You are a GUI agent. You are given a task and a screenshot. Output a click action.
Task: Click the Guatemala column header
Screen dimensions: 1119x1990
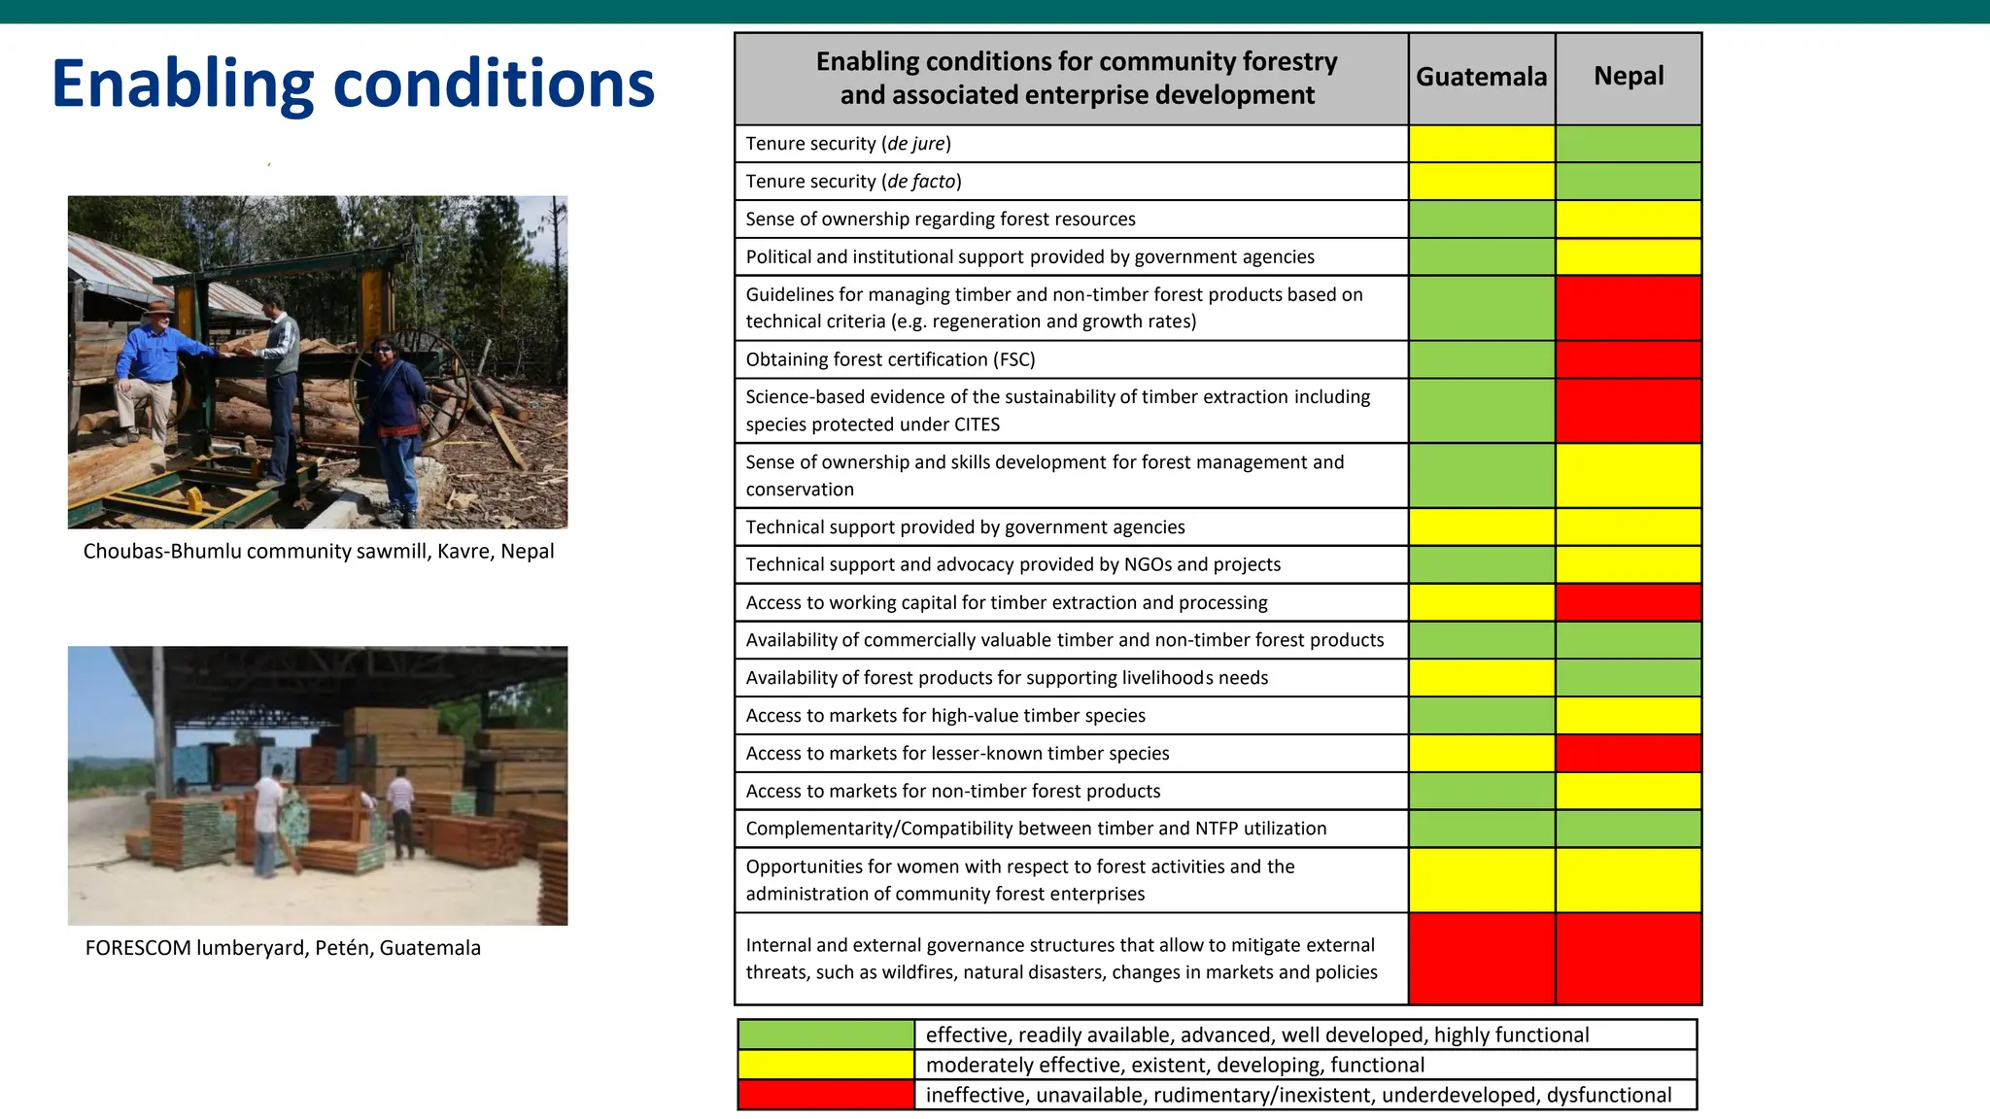pos(1481,78)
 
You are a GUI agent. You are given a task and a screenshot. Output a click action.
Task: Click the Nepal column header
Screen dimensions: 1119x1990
pos(1629,77)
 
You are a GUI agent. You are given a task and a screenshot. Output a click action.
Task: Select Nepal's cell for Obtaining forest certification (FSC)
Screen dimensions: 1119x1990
pos(1629,359)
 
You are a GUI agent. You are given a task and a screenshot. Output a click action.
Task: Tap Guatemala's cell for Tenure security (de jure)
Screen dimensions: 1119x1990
pos(1481,144)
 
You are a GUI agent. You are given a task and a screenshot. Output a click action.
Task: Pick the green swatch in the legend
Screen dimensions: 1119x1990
pos(826,1034)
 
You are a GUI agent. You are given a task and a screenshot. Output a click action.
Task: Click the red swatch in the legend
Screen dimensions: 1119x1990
pos(826,1095)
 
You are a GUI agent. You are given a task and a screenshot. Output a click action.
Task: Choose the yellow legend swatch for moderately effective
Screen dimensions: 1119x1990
pos(826,1065)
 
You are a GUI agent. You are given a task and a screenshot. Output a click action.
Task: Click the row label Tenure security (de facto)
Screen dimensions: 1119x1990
pos(853,182)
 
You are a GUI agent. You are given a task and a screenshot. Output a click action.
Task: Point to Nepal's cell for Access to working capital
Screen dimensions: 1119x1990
pos(1629,602)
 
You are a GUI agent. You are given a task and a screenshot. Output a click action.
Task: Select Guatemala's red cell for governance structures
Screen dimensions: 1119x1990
pos(1481,959)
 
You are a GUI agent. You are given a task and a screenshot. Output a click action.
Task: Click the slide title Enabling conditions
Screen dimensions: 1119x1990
pos(353,84)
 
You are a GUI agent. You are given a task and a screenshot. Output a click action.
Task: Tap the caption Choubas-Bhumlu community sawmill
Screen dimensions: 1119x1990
pos(319,552)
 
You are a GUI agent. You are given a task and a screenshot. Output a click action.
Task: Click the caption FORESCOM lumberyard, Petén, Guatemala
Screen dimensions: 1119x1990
pos(283,948)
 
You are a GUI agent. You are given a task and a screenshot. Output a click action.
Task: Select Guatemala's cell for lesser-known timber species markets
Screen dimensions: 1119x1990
pos(1481,754)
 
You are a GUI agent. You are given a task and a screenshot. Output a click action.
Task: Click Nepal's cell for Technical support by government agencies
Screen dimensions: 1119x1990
pos(1629,527)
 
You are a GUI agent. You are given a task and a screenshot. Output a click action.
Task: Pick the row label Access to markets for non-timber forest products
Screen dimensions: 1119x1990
pos(952,792)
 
